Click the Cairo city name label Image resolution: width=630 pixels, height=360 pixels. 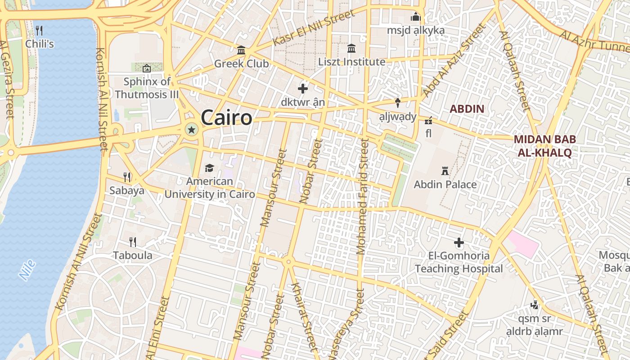pyautogui.click(x=226, y=118)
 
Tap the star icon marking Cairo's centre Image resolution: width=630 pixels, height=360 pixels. pyautogui.click(x=192, y=130)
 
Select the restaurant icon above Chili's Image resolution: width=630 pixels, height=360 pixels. pyautogui.click(x=39, y=31)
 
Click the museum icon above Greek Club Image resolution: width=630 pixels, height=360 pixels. pyautogui.click(x=241, y=50)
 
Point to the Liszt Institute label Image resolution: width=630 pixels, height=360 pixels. pyautogui.click(x=352, y=62)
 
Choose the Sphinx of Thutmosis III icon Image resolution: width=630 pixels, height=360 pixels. pyautogui.click(x=146, y=68)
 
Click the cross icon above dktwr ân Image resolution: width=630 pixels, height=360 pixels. pyautogui.click(x=303, y=89)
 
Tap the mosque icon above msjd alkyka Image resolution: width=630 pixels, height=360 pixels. pyautogui.click(x=416, y=17)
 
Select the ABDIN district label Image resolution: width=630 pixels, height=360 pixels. pyautogui.click(x=467, y=109)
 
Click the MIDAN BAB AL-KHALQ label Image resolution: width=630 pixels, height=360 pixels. pyautogui.click(x=544, y=146)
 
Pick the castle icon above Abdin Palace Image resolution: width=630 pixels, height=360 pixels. pyautogui.click(x=445, y=171)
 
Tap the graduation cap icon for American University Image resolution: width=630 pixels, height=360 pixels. pyautogui.click(x=209, y=168)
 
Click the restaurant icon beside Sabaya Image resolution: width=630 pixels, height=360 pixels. pyautogui.click(x=127, y=177)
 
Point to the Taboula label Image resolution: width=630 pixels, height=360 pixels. pyautogui.click(x=132, y=256)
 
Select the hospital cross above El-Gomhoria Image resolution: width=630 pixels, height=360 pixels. pyautogui.click(x=459, y=243)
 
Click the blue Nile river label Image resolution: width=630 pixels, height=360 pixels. pyautogui.click(x=27, y=270)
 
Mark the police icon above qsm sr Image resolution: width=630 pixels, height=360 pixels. pyautogui.click(x=535, y=305)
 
